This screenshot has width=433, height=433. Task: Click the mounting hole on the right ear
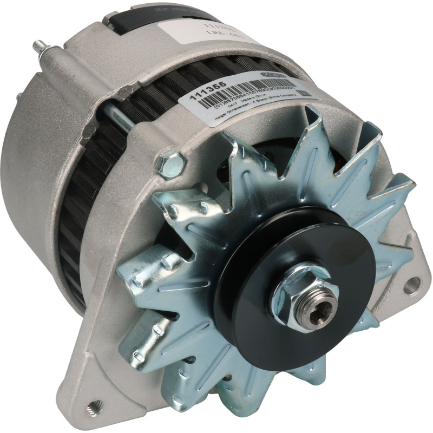(x=411, y=284)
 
